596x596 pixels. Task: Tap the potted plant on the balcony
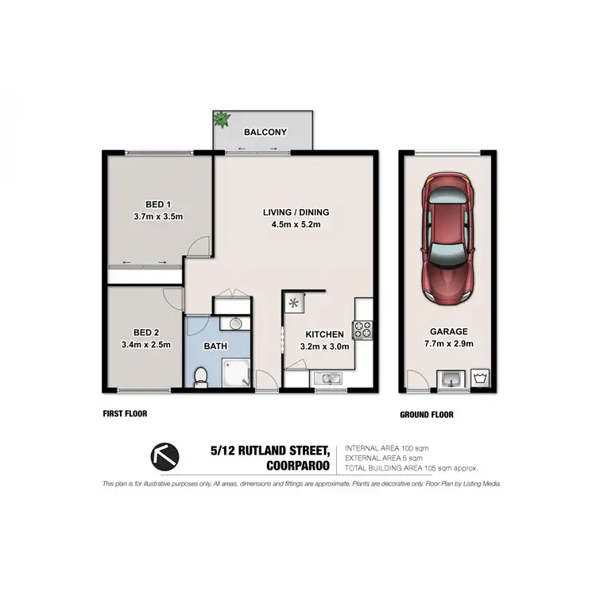(220, 121)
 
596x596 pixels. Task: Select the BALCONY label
(265, 133)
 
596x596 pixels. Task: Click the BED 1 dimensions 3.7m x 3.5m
(159, 216)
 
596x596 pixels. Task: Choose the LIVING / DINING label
(296, 212)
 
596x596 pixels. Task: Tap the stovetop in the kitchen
(362, 329)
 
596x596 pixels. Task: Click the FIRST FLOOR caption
(125, 413)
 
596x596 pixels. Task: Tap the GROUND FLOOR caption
(427, 414)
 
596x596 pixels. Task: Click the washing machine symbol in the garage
(480, 377)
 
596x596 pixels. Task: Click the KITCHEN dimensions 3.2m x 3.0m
(324, 346)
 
